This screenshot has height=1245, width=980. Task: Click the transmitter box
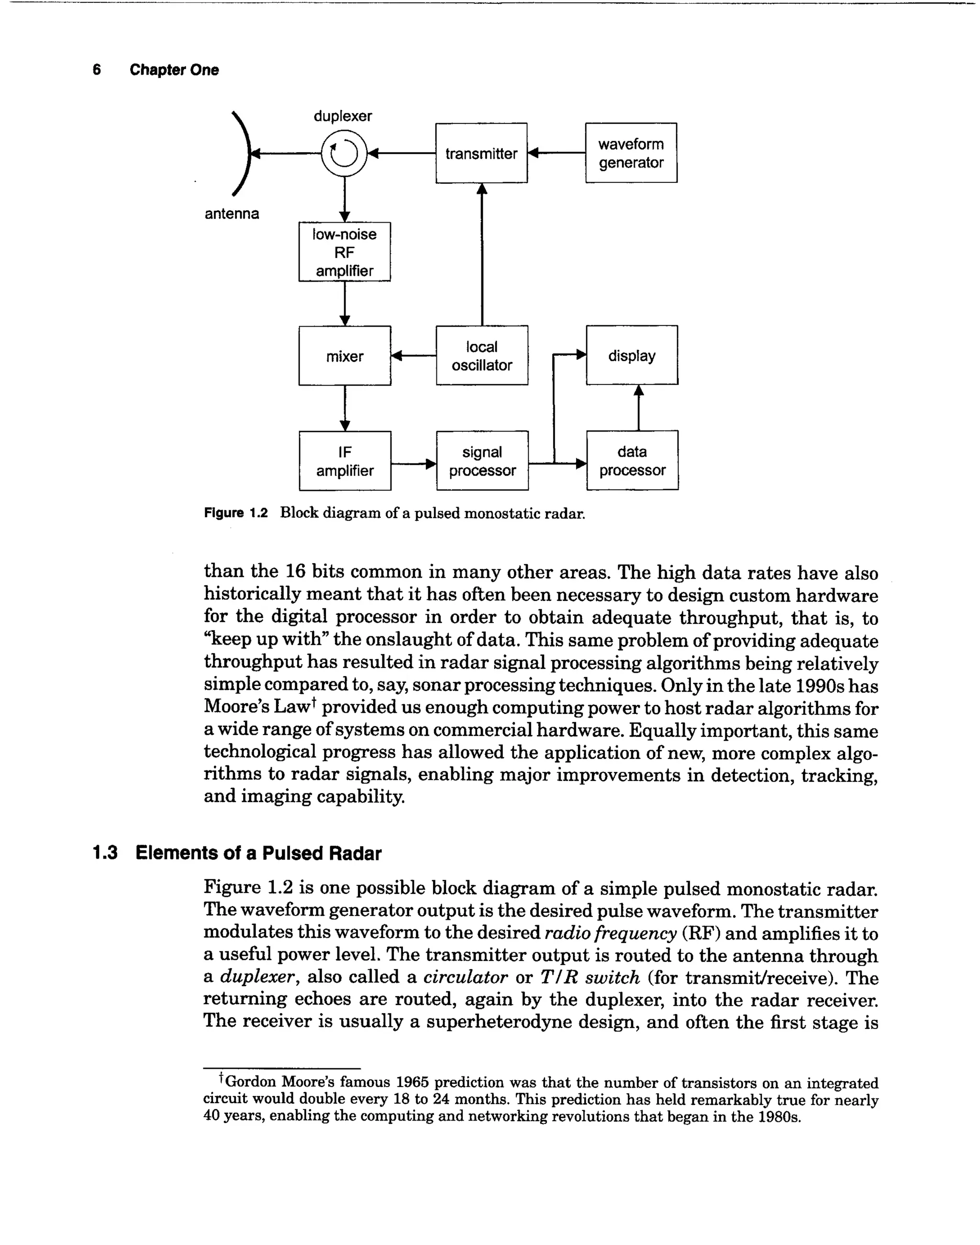tap(481, 153)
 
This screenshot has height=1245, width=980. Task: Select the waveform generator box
tap(631, 153)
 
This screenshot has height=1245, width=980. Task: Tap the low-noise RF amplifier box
tap(344, 252)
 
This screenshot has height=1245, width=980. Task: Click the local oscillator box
tap(481, 355)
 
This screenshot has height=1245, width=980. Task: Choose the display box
tap(631, 355)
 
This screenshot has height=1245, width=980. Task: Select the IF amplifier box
tap(345, 461)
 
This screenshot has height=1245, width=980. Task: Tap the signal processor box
tap(482, 461)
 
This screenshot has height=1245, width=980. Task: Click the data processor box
tap(632, 461)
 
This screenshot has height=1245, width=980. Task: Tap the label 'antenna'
tap(232, 214)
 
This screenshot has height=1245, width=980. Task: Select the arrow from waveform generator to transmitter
tap(556, 153)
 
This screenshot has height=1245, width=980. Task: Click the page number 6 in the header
tap(96, 70)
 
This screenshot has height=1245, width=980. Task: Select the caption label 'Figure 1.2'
tap(236, 513)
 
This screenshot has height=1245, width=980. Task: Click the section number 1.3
tap(105, 853)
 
